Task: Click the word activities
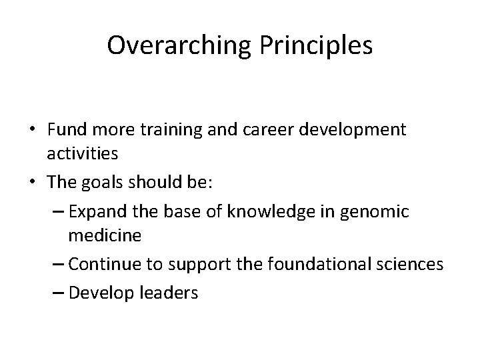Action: coord(83,153)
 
